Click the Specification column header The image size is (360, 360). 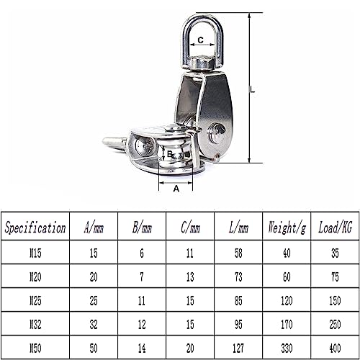(x=35, y=229)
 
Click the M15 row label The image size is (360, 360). (x=35, y=253)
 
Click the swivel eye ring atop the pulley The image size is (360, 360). (x=201, y=29)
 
